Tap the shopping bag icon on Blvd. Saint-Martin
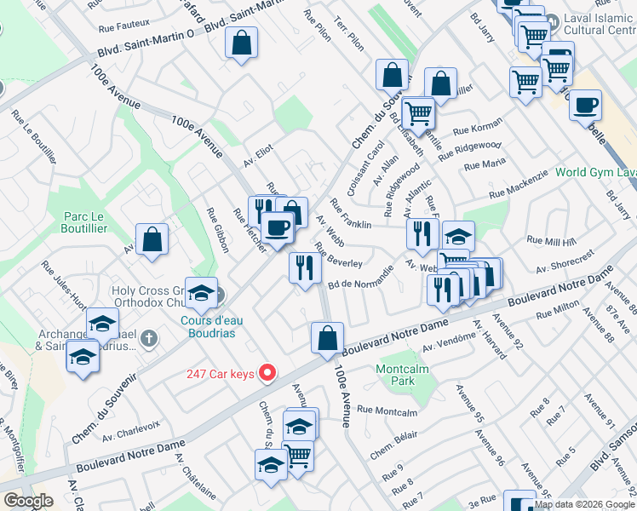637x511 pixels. [242, 44]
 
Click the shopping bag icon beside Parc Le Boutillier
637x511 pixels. [152, 240]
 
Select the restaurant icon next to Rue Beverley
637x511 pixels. [304, 268]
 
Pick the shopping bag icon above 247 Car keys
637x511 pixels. [327, 338]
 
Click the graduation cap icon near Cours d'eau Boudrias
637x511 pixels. [201, 294]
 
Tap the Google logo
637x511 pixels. [28, 501]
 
